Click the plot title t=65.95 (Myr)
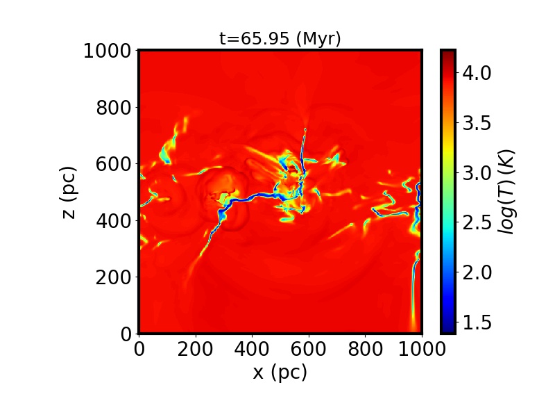coord(280,38)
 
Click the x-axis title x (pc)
coord(280,372)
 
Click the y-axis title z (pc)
coord(69,193)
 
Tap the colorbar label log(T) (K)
coord(506,192)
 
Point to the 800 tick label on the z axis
coord(113,108)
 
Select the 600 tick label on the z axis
coord(113,164)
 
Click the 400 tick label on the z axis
coord(113,221)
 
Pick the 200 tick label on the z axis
coord(113,277)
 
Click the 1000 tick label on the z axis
coord(108,51)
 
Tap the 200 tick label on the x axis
coord(196,350)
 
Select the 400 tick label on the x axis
coord(252,350)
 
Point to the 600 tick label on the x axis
coord(309,350)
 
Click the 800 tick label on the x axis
coord(366,350)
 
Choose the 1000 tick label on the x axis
coord(422,350)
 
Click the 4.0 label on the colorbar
coord(477,73)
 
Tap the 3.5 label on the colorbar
coord(477,123)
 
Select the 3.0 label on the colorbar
coord(477,173)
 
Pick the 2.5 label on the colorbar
coord(477,223)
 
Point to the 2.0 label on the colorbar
coord(477,272)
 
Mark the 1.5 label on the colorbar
coord(477,322)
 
